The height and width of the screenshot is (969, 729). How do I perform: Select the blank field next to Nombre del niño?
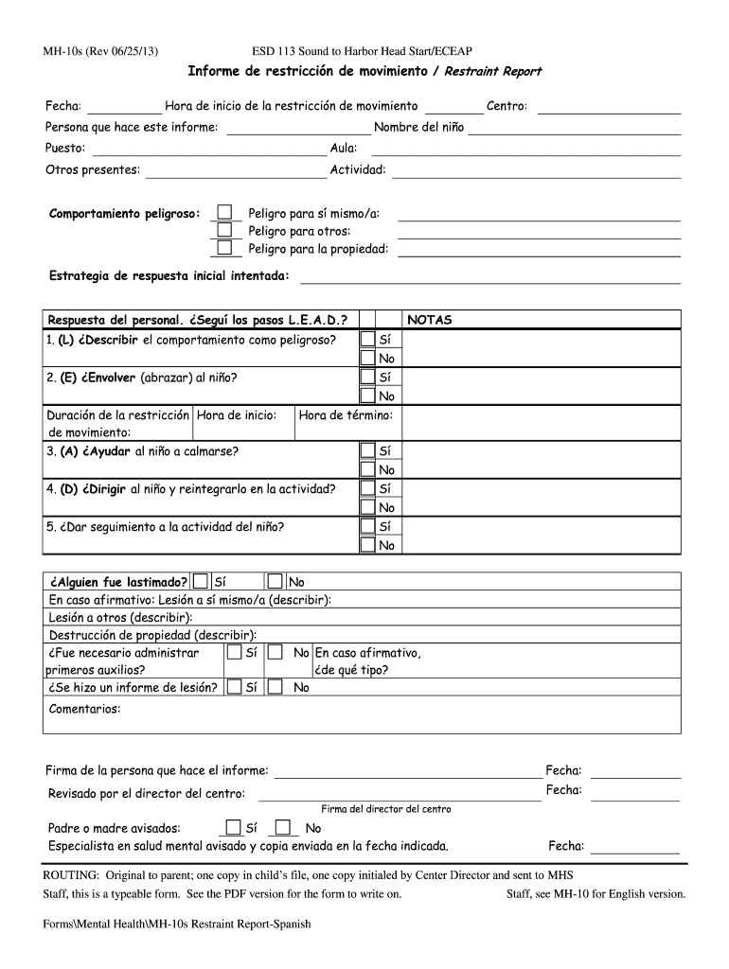click(x=574, y=128)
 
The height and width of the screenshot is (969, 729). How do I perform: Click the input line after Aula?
click(x=525, y=149)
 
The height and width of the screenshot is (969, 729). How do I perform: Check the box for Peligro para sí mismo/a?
click(x=224, y=213)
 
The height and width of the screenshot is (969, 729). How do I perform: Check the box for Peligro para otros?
click(x=224, y=230)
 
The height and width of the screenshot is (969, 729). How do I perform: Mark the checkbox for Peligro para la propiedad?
click(x=224, y=248)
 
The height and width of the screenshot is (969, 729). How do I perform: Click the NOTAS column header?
click(x=430, y=320)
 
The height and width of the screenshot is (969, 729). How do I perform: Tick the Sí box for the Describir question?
click(x=367, y=339)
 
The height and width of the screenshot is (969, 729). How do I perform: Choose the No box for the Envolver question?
click(x=367, y=396)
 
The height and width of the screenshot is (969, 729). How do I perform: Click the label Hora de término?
click(x=346, y=415)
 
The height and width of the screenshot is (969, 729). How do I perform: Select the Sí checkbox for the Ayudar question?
click(x=367, y=451)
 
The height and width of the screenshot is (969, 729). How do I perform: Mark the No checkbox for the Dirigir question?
click(x=367, y=507)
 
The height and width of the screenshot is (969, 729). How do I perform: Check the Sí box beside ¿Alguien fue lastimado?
click(x=201, y=582)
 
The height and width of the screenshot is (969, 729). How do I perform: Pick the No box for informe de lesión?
click(x=276, y=687)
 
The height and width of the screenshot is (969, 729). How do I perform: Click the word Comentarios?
click(x=84, y=709)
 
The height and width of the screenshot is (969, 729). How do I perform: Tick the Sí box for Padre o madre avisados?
click(x=233, y=827)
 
